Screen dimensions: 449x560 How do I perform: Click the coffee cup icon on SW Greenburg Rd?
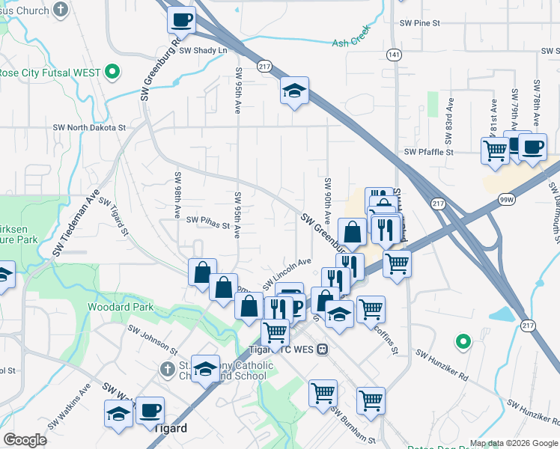tap(180, 20)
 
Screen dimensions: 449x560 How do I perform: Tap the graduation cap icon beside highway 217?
tap(295, 91)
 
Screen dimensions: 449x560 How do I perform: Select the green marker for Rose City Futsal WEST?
tap(112, 73)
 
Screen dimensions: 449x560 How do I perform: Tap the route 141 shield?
tap(394, 55)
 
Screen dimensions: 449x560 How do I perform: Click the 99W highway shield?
tap(507, 199)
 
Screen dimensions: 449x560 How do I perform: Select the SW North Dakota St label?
tap(89, 128)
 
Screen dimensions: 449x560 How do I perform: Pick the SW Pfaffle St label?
tap(429, 152)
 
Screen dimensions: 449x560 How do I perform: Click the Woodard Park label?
tap(120, 307)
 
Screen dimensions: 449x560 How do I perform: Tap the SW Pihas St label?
tap(208, 221)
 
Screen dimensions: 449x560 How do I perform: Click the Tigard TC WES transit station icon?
tap(322, 349)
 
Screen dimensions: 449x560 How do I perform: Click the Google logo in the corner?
tap(25, 440)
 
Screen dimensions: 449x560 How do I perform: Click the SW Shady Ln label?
tap(202, 50)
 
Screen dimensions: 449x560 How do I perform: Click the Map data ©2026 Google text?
tap(513, 443)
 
